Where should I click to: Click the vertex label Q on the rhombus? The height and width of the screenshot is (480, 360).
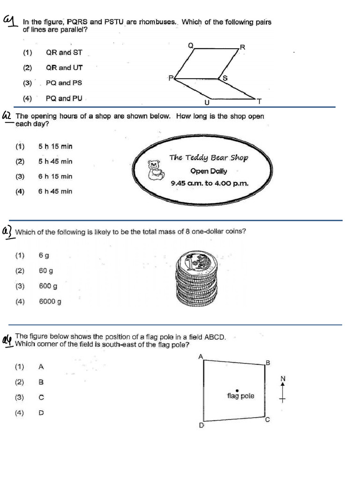coord(190,45)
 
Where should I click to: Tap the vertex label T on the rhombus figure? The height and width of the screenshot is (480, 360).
coord(258,101)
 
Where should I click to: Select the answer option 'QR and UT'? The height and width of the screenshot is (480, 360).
coord(64,67)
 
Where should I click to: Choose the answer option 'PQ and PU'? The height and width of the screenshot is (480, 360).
coord(64,98)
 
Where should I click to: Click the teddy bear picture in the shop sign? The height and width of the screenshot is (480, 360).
coord(154,170)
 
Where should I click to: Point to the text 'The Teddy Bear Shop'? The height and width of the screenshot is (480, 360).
coord(209,157)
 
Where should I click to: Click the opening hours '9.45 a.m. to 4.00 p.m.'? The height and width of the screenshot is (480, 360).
coord(210,183)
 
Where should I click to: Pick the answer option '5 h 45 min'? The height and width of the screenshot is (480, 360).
coord(55,161)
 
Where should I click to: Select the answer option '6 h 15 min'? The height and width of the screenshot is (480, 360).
coord(55,176)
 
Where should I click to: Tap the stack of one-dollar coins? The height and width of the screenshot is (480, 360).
coord(197,277)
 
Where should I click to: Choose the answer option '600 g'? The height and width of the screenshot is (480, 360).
coord(47,286)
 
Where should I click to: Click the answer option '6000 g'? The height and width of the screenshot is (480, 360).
coord(50,301)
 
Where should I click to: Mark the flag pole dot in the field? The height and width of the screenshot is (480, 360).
coord(237,390)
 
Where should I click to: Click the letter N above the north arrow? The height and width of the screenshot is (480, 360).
coord(283,378)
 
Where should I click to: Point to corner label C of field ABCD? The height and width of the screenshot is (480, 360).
coord(268,420)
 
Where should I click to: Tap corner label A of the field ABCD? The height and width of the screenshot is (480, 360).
coord(201,357)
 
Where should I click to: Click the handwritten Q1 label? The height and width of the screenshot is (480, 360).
coord(9,21)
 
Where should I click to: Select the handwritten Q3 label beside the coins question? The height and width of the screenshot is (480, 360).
coord(8,232)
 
